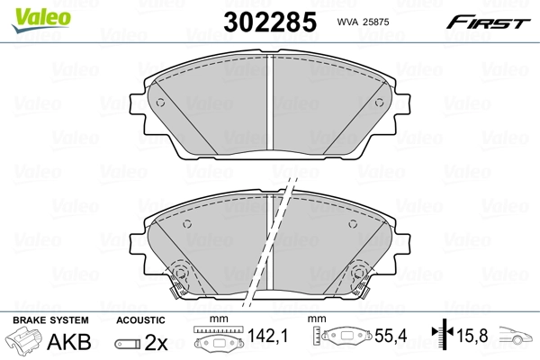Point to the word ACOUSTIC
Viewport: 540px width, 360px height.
click(x=139, y=319)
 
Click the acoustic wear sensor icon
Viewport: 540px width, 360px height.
click(x=128, y=343)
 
